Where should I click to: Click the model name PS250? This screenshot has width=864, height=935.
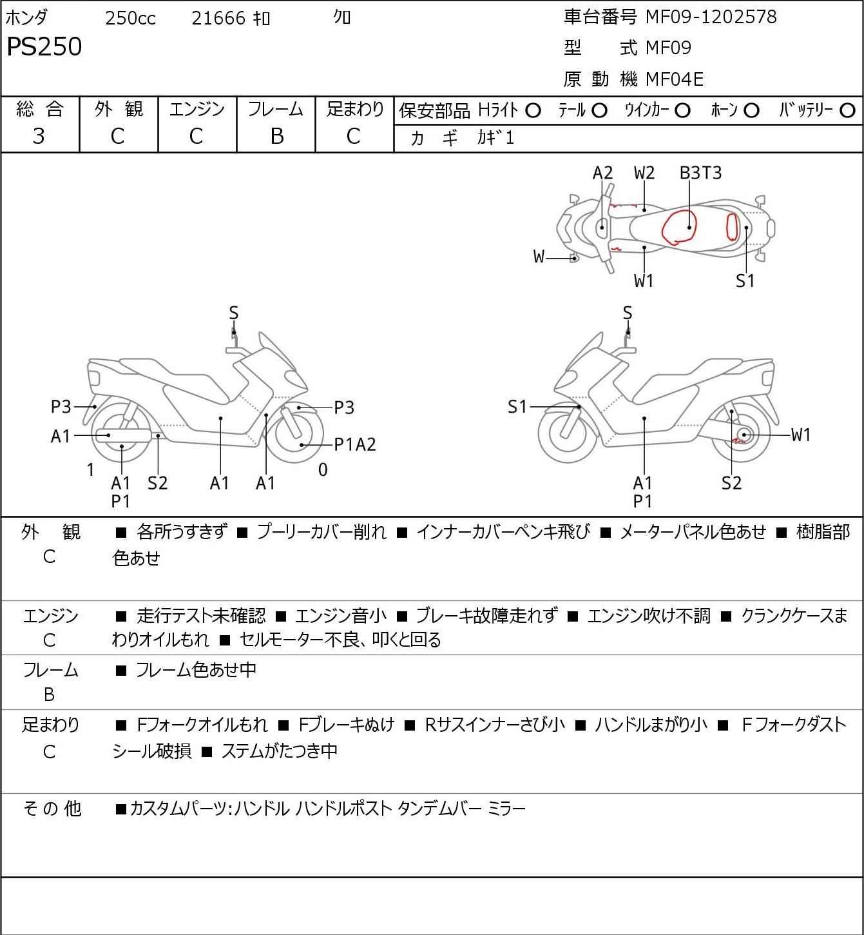point(44,47)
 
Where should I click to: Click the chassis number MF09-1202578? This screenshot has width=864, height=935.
point(711,17)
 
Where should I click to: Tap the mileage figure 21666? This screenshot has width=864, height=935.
point(218,18)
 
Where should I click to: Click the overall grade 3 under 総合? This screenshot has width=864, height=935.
point(39,136)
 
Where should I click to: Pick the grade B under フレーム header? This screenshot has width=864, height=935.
point(276,136)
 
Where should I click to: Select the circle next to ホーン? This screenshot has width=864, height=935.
point(751,111)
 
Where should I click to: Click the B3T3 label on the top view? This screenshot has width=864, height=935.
point(701,173)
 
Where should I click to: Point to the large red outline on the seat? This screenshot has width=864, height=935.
point(678,228)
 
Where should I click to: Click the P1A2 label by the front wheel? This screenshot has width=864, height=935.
point(354,444)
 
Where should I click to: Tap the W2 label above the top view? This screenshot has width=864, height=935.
point(644,173)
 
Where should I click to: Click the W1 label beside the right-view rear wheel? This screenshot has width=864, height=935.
point(801,435)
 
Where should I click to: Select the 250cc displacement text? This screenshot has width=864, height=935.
point(130,18)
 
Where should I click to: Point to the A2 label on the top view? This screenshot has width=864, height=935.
point(602,173)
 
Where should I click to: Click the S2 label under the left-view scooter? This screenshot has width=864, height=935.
point(157,483)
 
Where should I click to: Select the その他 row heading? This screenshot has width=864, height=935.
point(52,808)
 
